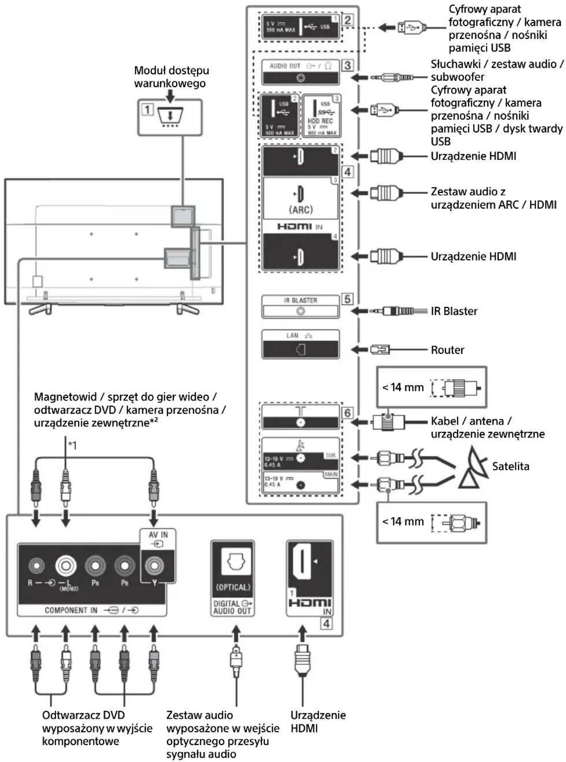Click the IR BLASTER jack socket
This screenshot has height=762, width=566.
pos(300,311)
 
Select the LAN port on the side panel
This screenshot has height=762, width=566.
pos(300,349)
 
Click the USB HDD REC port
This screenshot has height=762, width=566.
pos(321,116)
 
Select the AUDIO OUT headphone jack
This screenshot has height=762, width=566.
pos(300,78)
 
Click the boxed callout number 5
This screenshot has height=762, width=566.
pos(347,299)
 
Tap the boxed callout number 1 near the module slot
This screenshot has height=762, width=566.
pos(147,109)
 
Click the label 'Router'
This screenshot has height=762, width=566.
pos(447,350)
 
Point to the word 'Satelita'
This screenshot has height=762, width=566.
pos(510,466)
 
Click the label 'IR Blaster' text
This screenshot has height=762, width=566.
pos(454,311)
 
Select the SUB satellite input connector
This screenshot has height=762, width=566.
pos(300,458)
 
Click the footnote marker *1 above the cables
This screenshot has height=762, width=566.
pos(72,445)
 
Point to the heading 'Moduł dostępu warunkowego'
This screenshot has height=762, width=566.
pos(171,77)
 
